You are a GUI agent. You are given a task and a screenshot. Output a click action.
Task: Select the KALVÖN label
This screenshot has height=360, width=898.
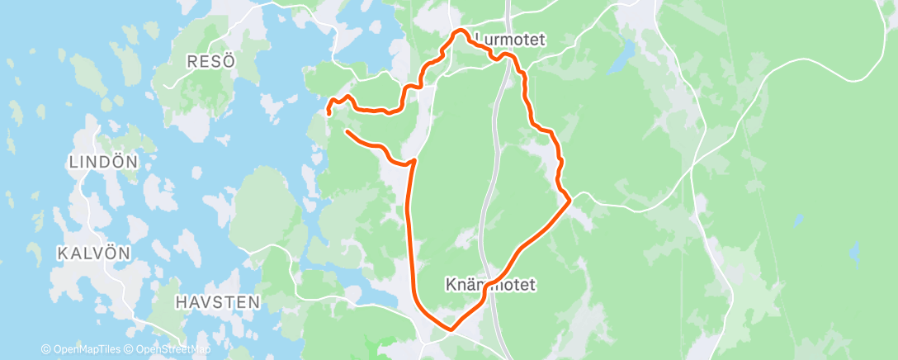click(95, 253)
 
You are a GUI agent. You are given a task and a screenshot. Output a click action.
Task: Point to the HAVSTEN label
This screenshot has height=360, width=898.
click(218, 303)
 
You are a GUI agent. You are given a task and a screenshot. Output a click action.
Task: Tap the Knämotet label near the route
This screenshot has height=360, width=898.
click(490, 285)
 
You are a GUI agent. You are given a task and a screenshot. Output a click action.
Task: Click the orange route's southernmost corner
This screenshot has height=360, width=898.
click(451, 329)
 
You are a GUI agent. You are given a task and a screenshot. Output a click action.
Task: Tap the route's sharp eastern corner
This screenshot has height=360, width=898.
click(570, 200)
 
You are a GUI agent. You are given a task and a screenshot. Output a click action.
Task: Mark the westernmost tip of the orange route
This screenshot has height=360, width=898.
click(328, 111)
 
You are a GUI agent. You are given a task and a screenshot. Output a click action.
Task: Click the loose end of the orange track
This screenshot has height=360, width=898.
click(347, 131)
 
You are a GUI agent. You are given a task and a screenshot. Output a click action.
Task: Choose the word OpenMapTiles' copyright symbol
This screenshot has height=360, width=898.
click(46, 349)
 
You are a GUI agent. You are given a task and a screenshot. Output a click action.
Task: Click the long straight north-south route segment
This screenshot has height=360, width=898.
click(410, 231)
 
